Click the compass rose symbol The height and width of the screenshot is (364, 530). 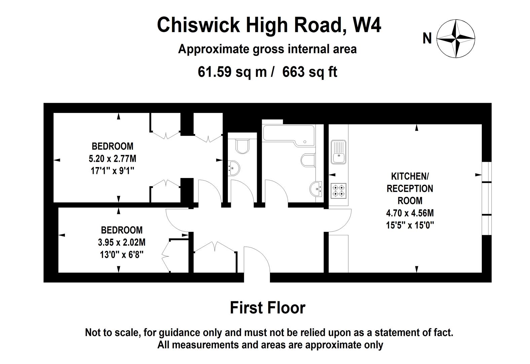coord(456,38)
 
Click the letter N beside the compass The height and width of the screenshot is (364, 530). coord(427,38)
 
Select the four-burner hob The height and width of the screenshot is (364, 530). coord(338,190)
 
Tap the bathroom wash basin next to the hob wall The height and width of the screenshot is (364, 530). coord(316,189)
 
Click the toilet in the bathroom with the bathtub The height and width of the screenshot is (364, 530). coord(308,160)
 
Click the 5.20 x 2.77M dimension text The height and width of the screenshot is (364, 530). coord(112,158)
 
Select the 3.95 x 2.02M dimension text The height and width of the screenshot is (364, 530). coord(122,242)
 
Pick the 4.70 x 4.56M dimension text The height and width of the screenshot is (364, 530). coord(410,213)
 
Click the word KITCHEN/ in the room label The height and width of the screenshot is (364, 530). coord(410,176)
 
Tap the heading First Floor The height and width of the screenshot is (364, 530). coord(268,308)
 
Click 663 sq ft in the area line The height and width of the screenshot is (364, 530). coord(309,72)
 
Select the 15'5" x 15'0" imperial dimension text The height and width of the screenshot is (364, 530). coord(410,225)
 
